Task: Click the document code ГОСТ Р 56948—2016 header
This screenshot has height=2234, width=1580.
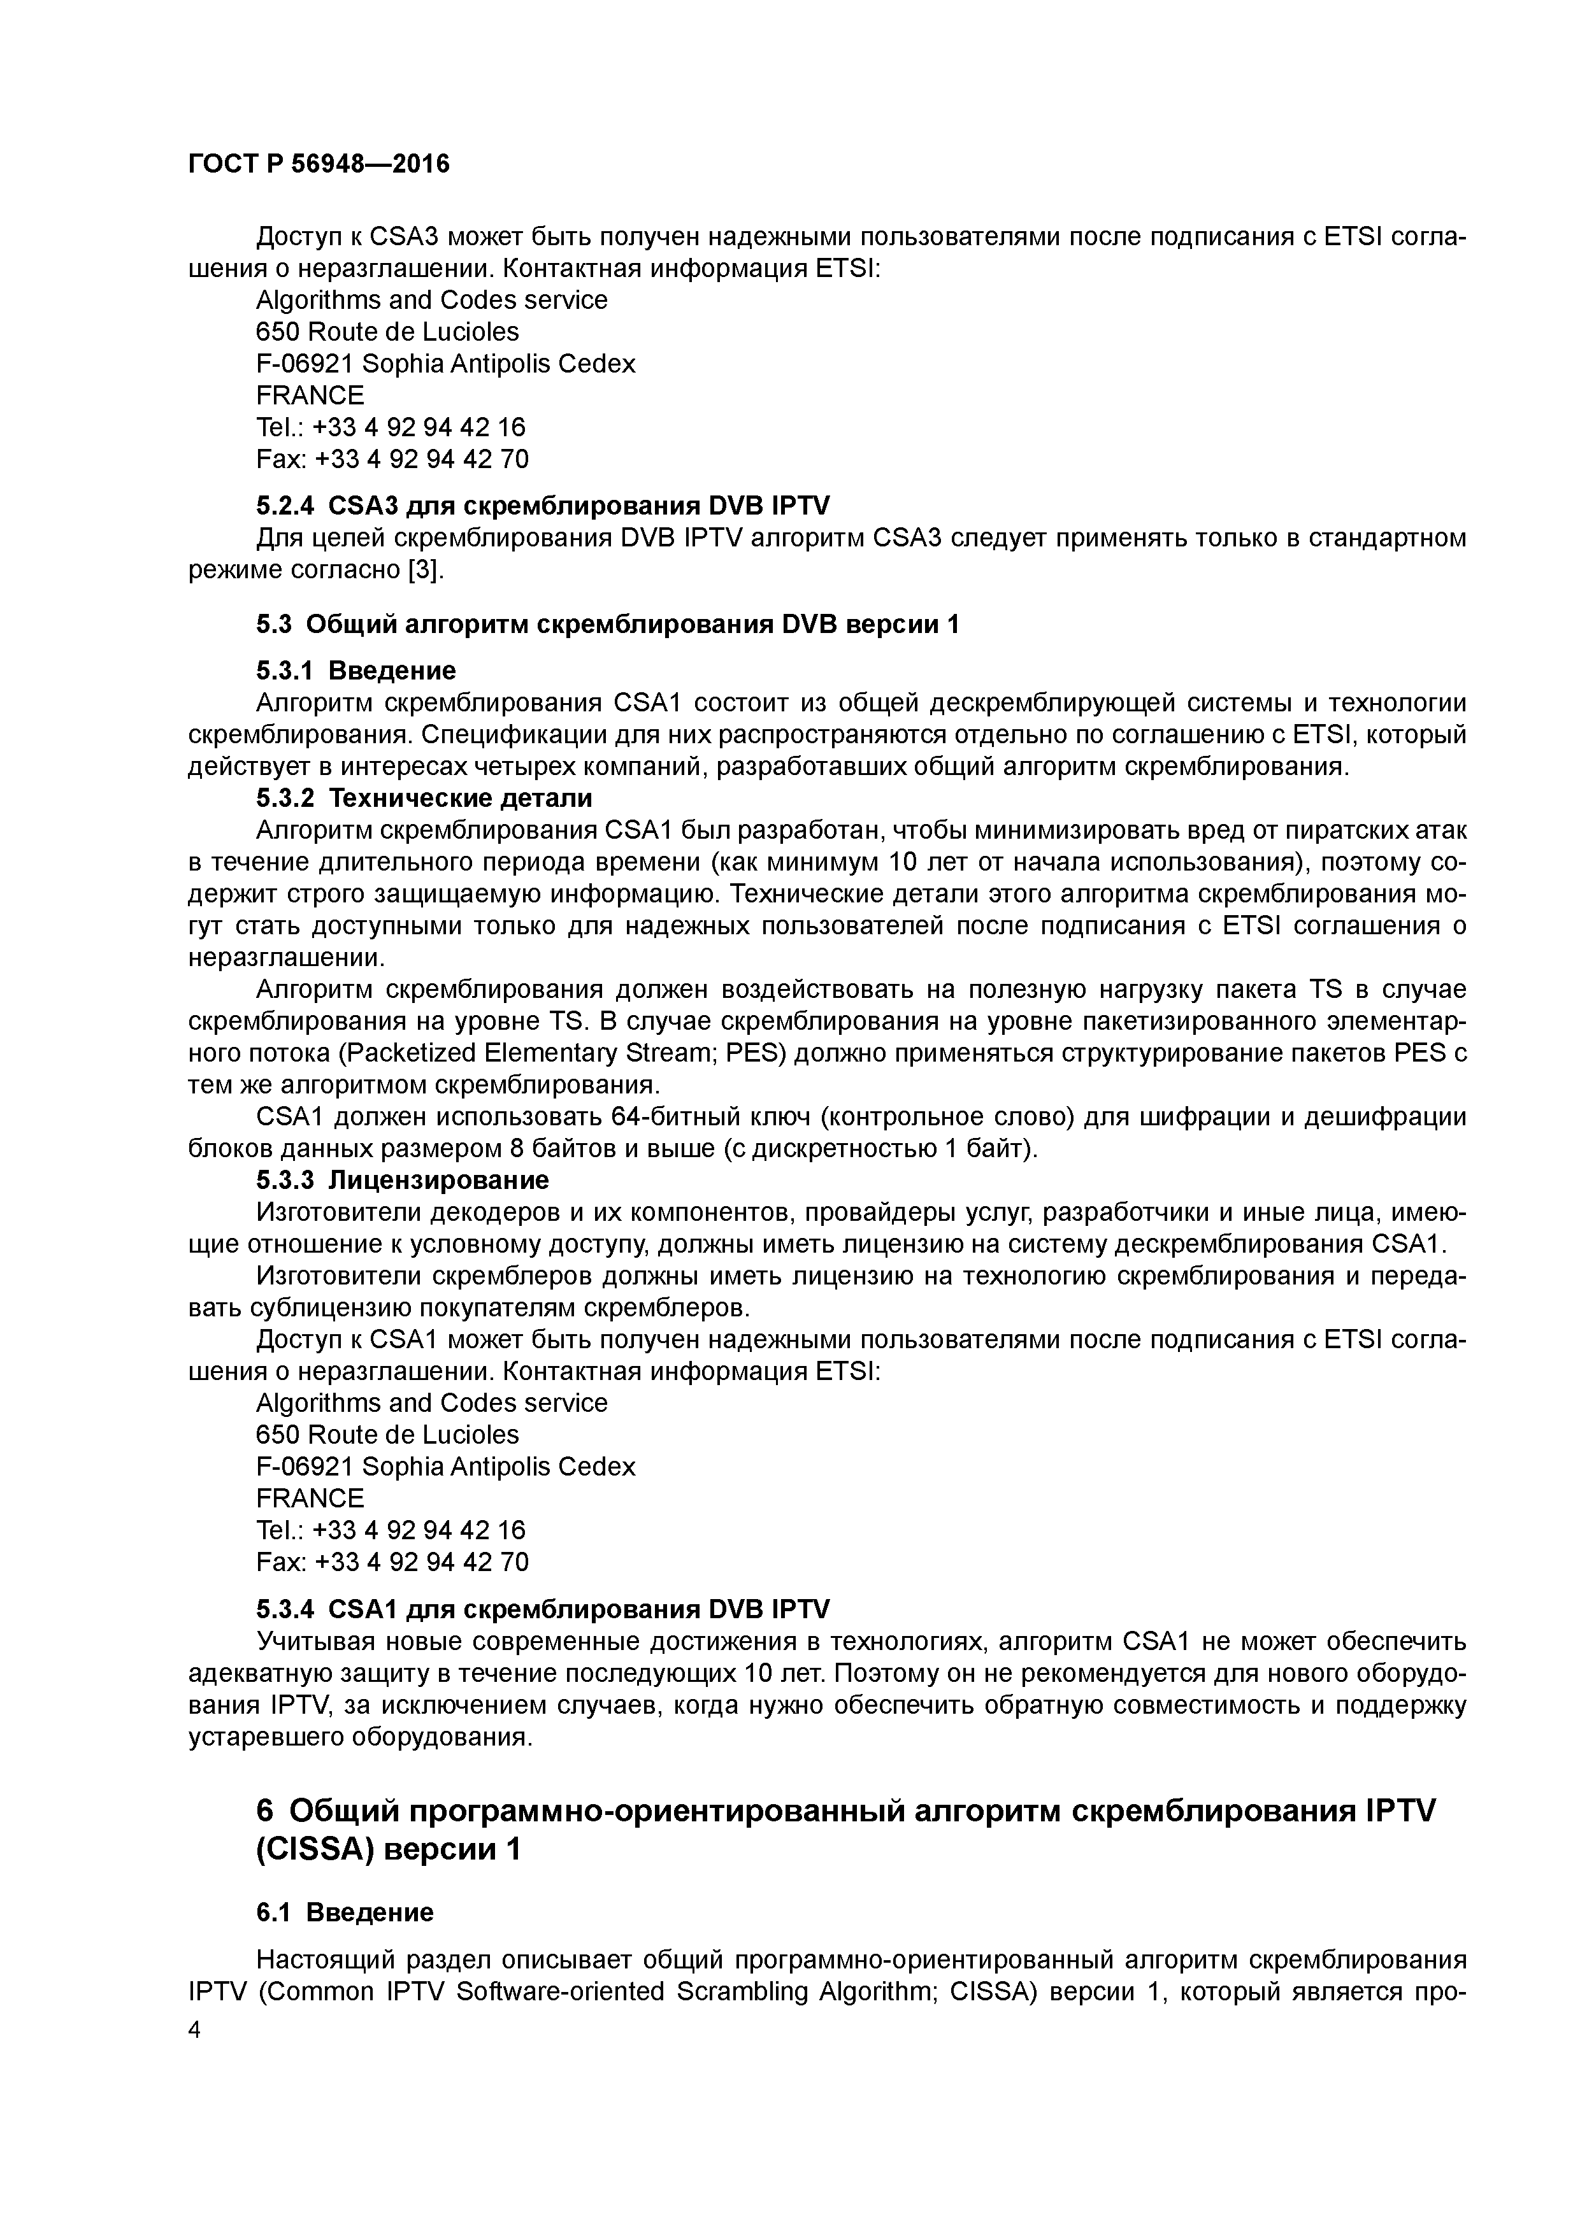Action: pos(319,164)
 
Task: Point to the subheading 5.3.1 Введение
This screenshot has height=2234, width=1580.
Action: pos(355,671)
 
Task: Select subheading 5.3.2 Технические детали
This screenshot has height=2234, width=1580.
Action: pos(424,798)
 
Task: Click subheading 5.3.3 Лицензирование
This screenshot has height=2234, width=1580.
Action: pos(402,1180)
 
